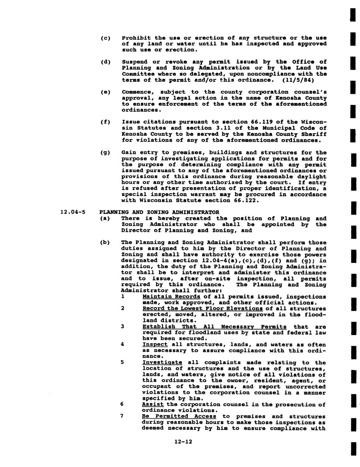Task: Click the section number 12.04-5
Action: pyautogui.click(x=72, y=213)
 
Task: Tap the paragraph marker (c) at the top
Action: pyautogui.click(x=106, y=38)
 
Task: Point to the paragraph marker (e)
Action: pyautogui.click(x=106, y=92)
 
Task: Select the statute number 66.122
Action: pyautogui.click(x=246, y=200)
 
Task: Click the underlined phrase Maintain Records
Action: pyautogui.click(x=171, y=297)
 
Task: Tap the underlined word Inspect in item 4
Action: pyautogui.click(x=155, y=344)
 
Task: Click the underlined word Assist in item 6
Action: pyautogui.click(x=153, y=404)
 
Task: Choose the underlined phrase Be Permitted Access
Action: pyautogui.click(x=179, y=416)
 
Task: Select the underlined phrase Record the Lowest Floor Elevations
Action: pyautogui.click(x=203, y=309)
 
